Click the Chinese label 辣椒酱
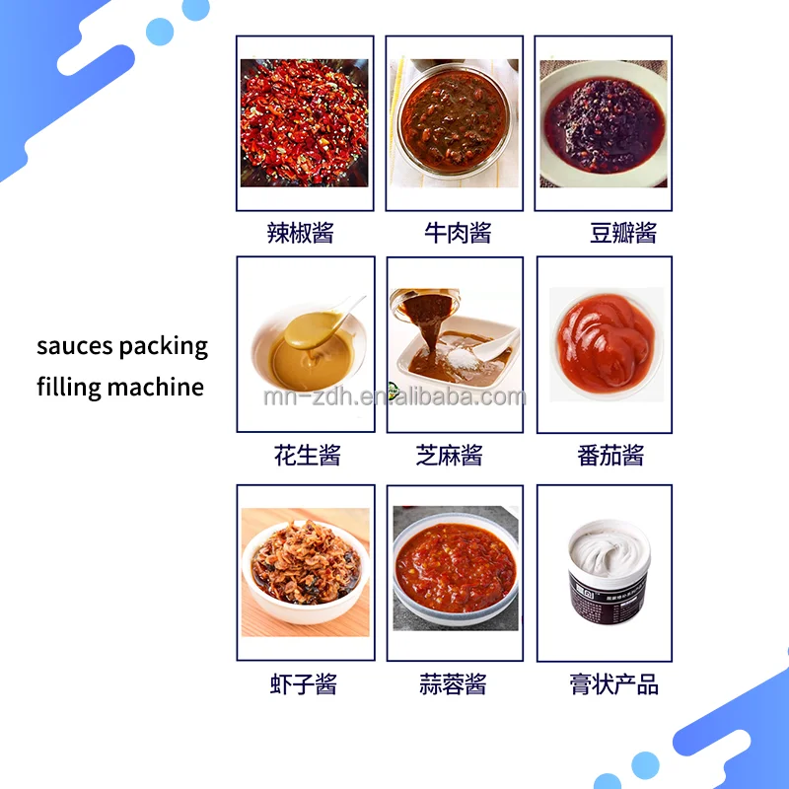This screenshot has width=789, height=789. point(301,234)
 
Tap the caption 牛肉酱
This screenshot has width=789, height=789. point(458,234)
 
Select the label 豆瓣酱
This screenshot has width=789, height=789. point(623,234)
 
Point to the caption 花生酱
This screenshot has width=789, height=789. point(308,456)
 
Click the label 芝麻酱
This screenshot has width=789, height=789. point(450,456)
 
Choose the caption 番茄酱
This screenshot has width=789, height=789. point(610,456)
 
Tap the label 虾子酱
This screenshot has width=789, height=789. point(304,684)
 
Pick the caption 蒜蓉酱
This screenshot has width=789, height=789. point(453,684)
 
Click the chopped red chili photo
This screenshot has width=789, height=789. point(304,123)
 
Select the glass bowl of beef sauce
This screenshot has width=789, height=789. point(454,123)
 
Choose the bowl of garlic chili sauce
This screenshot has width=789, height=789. point(455,566)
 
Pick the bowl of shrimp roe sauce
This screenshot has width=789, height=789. point(305,566)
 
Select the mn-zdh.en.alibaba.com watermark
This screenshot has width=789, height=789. point(394,397)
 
